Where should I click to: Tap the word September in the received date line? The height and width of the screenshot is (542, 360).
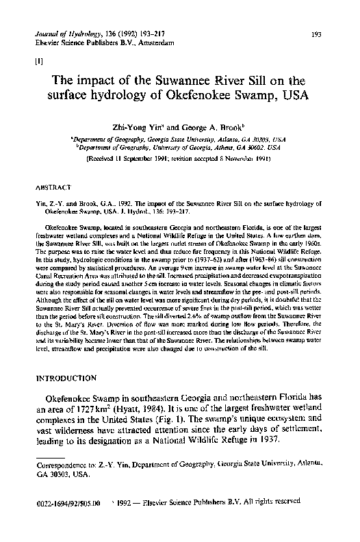tap(148, 157)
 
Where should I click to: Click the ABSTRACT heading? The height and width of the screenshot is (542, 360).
tap(52, 185)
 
